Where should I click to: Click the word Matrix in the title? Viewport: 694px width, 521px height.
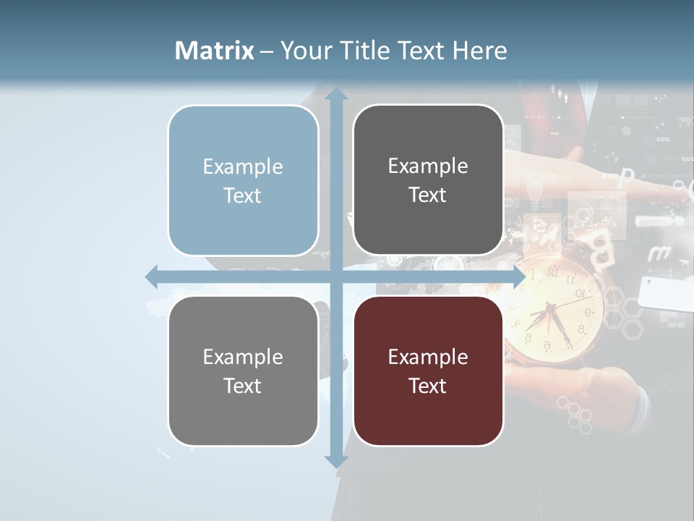[215, 51]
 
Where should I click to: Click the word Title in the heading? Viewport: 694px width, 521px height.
[361, 51]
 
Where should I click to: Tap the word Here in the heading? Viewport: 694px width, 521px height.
[479, 51]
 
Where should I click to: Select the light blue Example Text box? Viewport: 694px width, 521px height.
[243, 181]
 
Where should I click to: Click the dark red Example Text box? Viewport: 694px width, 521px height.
[428, 371]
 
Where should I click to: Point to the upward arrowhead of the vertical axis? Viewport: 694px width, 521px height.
[335, 96]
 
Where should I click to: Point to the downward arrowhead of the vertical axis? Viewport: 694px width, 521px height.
[335, 460]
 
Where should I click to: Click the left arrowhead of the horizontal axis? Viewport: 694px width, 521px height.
[153, 276]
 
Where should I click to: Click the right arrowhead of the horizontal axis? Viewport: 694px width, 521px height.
[518, 276]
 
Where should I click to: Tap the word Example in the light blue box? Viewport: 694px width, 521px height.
[243, 166]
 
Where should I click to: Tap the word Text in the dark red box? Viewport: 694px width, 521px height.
[428, 386]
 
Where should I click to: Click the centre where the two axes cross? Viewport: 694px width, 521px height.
[335, 276]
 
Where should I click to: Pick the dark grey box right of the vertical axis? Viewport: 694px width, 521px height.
[428, 180]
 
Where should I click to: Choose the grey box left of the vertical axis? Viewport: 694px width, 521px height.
[243, 371]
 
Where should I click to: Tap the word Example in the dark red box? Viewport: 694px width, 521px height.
[428, 357]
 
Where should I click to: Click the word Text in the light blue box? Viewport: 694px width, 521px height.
[243, 195]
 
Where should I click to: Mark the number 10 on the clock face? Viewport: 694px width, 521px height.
[580, 293]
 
